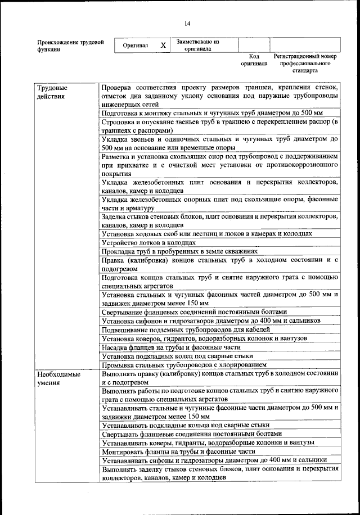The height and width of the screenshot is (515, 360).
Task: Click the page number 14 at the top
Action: pos(187,23)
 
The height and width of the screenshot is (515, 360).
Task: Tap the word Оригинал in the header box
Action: pos(135,46)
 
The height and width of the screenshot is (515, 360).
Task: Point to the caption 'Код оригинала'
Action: pos(254,60)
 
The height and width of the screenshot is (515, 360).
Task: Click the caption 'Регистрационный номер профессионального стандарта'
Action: pos(305,64)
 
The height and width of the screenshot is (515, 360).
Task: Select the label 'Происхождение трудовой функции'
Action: pos(70,46)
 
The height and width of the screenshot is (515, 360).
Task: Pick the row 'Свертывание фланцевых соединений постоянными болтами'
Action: pos(194,311)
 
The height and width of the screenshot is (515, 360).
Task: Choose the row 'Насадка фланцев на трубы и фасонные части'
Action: pos(175,347)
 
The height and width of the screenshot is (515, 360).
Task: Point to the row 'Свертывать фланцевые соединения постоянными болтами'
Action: pos(191,433)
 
